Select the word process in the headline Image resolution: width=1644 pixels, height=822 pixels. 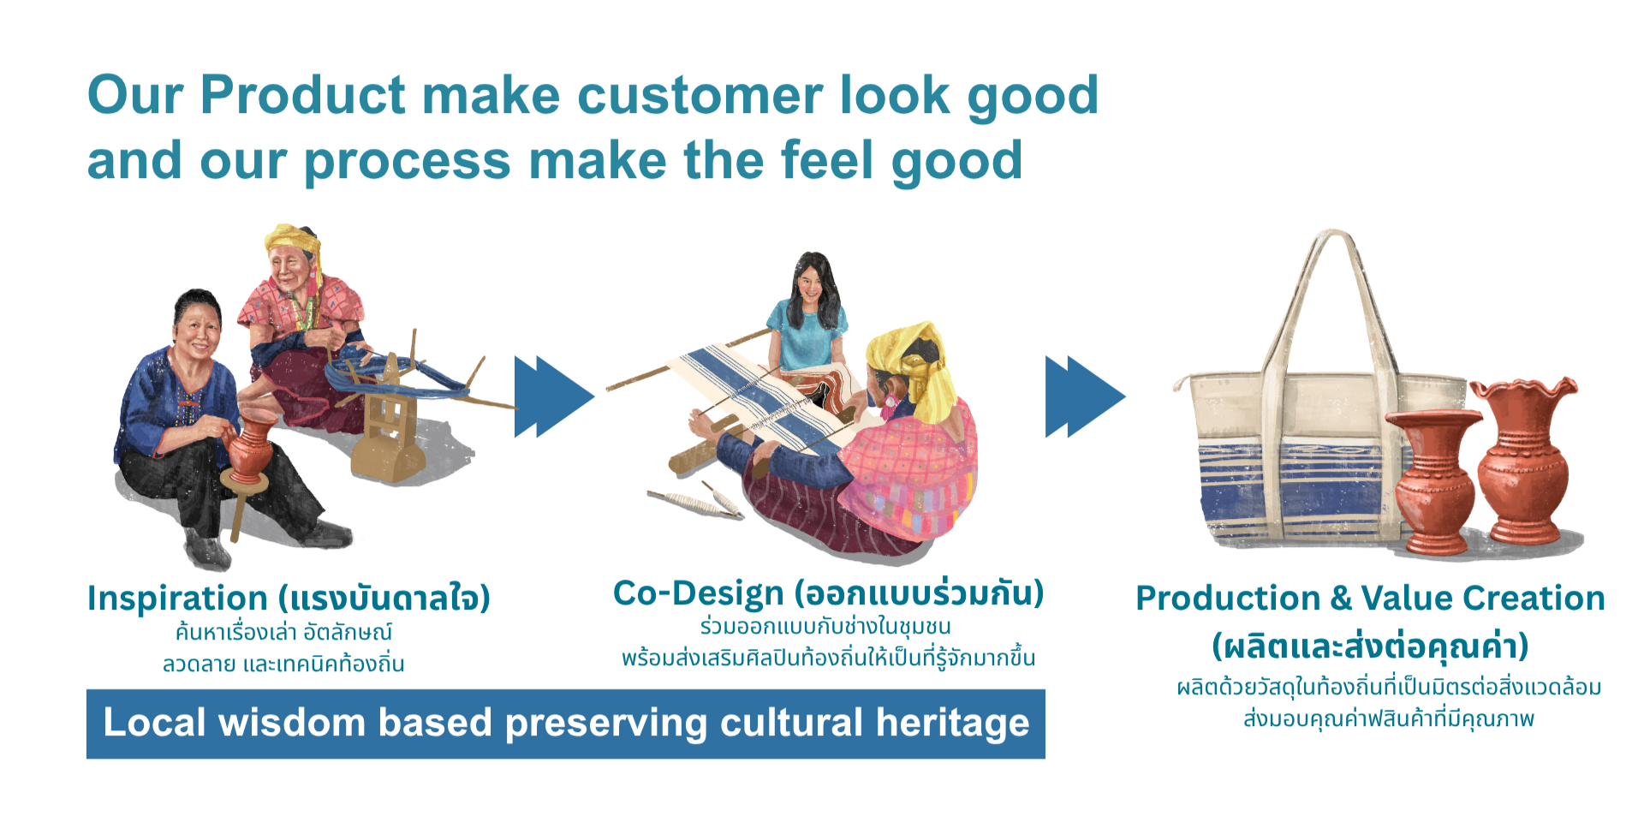408,164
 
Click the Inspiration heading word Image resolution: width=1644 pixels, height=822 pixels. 178,599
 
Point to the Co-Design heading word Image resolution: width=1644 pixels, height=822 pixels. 699,593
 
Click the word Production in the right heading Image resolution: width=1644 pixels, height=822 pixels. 1228,598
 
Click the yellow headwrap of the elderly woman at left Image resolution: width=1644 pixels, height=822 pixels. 293,243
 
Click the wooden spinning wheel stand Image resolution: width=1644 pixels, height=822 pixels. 390,437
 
